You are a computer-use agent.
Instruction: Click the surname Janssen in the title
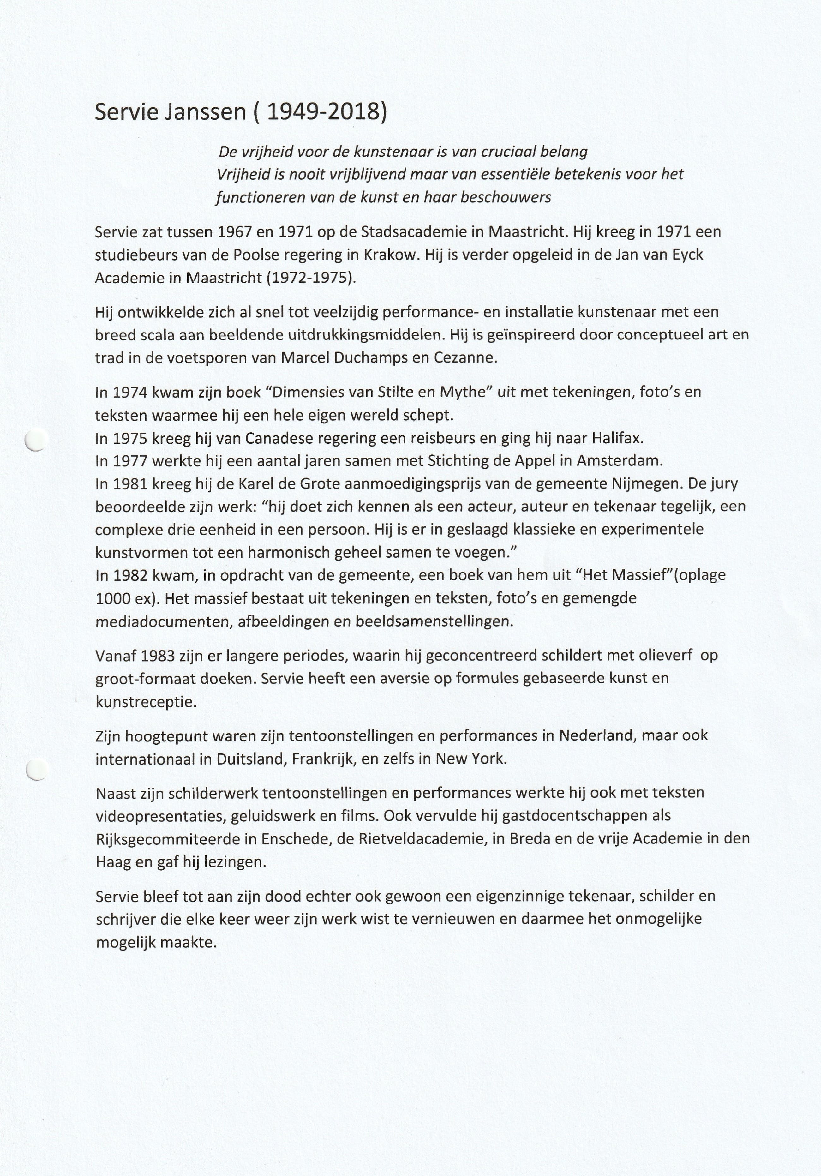205,112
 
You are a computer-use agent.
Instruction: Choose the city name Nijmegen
652,484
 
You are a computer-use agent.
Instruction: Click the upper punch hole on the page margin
37,440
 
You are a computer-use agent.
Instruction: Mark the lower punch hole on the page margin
37,769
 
